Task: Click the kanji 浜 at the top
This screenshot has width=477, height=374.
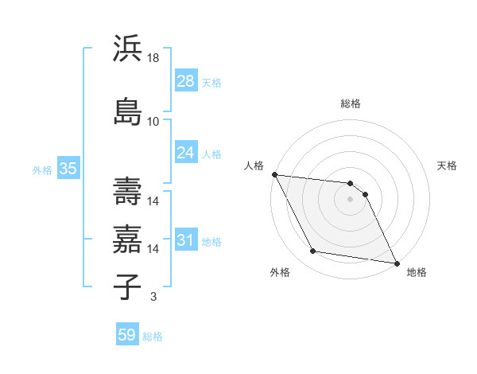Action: (x=127, y=49)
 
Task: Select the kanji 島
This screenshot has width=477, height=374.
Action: (x=127, y=111)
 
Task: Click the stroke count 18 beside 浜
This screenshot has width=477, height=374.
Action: (x=153, y=59)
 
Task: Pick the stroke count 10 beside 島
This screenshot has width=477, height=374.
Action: (x=153, y=122)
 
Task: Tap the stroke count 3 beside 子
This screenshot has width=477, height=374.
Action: (x=153, y=297)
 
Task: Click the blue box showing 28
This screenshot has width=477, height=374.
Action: (x=185, y=80)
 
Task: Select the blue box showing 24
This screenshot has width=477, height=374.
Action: (x=185, y=152)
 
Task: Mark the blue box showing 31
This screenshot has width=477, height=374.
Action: (x=185, y=240)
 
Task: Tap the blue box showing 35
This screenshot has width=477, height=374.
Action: (x=68, y=168)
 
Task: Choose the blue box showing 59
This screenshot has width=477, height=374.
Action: (x=126, y=335)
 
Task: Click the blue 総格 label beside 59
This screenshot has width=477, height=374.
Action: (x=153, y=337)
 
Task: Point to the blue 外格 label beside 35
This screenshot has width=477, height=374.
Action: (x=42, y=169)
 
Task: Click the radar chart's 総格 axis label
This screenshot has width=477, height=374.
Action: (x=351, y=103)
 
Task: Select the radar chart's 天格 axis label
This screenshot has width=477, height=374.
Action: (x=448, y=166)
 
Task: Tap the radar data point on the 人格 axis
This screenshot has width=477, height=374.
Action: (x=274, y=174)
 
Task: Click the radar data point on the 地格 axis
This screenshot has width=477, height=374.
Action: (x=396, y=263)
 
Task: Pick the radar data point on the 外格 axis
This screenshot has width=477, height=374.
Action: (x=313, y=252)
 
